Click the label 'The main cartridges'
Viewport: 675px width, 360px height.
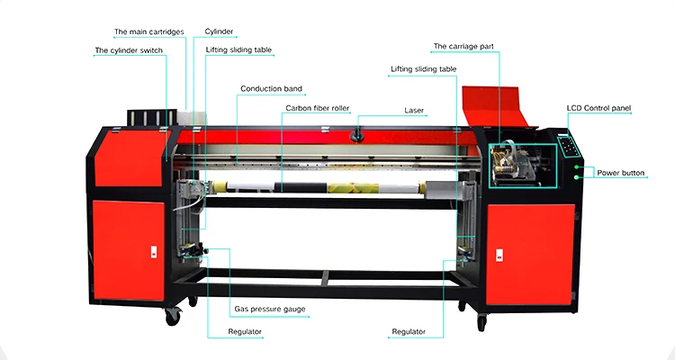(x=148, y=31)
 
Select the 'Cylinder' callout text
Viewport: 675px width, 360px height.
(x=220, y=31)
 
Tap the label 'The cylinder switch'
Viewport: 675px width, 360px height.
(x=129, y=51)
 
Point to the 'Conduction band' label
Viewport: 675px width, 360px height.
(x=271, y=89)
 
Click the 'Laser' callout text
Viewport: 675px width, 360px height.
(x=414, y=110)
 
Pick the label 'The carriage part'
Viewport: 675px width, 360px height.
(x=465, y=46)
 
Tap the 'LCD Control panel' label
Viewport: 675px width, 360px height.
(x=598, y=108)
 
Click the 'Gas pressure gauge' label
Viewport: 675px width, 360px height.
(x=270, y=310)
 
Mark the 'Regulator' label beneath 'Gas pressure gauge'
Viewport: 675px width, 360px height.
(x=245, y=332)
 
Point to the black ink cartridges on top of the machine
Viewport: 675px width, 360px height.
(x=148, y=119)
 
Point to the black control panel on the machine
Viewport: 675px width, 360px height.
(x=565, y=144)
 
